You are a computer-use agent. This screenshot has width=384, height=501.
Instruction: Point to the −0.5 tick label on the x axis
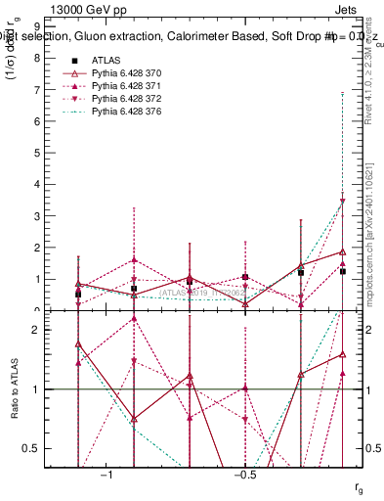click(x=244, y=475)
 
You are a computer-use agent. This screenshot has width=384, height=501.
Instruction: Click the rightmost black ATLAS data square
click(x=342, y=270)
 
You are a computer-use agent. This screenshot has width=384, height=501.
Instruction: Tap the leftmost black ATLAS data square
click(x=78, y=294)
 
